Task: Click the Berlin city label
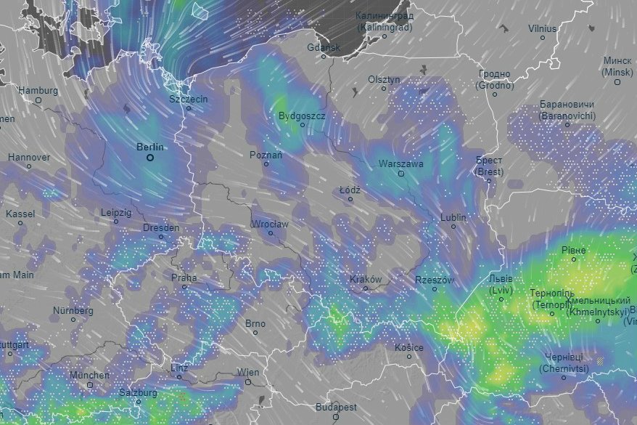click(x=150, y=147)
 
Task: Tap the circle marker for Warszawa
click(x=400, y=174)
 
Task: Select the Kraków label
click(x=365, y=279)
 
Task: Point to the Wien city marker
click(x=247, y=381)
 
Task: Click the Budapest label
click(x=336, y=408)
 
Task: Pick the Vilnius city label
click(x=542, y=28)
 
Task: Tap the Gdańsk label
click(x=323, y=48)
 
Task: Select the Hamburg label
click(x=38, y=90)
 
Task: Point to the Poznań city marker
click(x=266, y=164)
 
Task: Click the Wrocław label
click(x=269, y=224)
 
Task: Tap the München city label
click(x=89, y=375)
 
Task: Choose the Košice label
click(x=408, y=347)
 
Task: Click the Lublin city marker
click(x=453, y=227)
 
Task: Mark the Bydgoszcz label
click(x=302, y=116)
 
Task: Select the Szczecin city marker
click(x=189, y=108)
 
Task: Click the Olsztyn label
click(x=384, y=79)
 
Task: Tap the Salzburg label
click(x=138, y=392)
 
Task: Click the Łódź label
click(x=350, y=189)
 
